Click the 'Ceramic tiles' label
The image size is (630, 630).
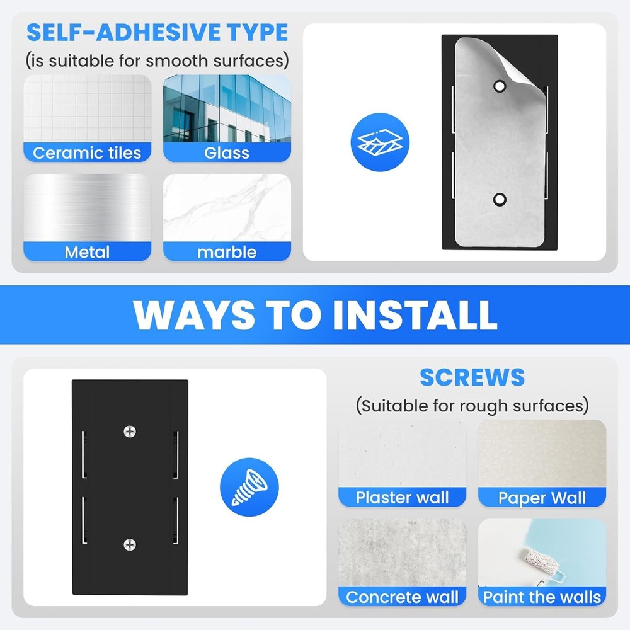pyautogui.click(x=87, y=153)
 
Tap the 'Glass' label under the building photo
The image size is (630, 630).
pyautogui.click(x=227, y=153)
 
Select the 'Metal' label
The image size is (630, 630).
pyautogui.click(x=87, y=253)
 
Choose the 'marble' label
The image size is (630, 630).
pyautogui.click(x=227, y=253)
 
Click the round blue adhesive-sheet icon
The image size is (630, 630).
pyautogui.click(x=380, y=142)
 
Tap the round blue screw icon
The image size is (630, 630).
pyautogui.click(x=249, y=487)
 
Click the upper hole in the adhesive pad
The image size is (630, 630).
pyautogui.click(x=500, y=86)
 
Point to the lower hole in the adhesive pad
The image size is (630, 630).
pyautogui.click(x=500, y=199)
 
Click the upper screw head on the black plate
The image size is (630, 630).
pyautogui.click(x=130, y=432)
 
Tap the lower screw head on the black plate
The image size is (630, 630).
pyautogui.click(x=130, y=545)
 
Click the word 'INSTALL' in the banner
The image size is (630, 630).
pyautogui.click(x=415, y=314)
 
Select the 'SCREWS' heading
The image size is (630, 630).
pyautogui.click(x=472, y=377)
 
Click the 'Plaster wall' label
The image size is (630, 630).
pyautogui.click(x=402, y=498)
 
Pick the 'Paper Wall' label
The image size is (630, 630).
pyautogui.click(x=542, y=498)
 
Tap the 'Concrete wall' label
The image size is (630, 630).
pyautogui.click(x=402, y=597)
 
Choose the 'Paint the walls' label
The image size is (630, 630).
pyautogui.click(x=542, y=597)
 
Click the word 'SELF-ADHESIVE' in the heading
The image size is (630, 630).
pyautogui.click(x=123, y=33)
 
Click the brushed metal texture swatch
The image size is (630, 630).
pyautogui.click(x=87, y=208)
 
